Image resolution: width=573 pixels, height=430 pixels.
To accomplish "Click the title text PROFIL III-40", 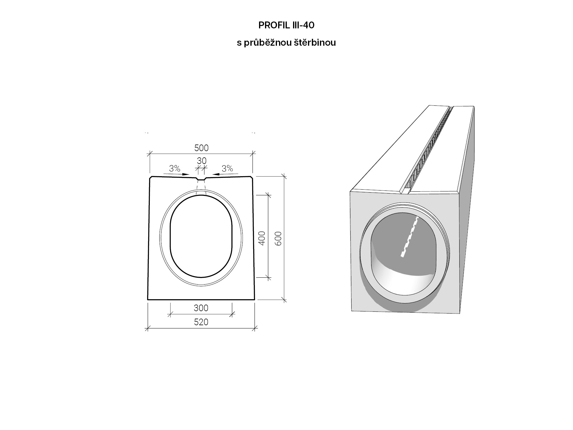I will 286,25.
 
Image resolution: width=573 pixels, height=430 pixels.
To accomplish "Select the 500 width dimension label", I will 201,148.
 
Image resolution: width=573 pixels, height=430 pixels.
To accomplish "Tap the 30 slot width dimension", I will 202,161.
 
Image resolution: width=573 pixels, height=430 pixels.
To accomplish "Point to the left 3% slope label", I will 175,169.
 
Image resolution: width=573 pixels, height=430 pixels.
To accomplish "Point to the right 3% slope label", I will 227,168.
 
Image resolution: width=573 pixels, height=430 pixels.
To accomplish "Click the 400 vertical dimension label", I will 262,238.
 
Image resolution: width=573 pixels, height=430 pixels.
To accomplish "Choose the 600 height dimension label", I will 278,238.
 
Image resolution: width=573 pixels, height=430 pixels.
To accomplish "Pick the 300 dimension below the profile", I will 201,308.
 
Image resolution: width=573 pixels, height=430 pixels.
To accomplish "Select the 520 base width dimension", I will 201,322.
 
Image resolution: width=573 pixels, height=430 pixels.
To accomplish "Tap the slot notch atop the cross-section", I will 201,179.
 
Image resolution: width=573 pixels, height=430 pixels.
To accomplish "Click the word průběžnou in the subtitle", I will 267,43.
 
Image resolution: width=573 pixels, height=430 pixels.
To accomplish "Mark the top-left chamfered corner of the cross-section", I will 151,177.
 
